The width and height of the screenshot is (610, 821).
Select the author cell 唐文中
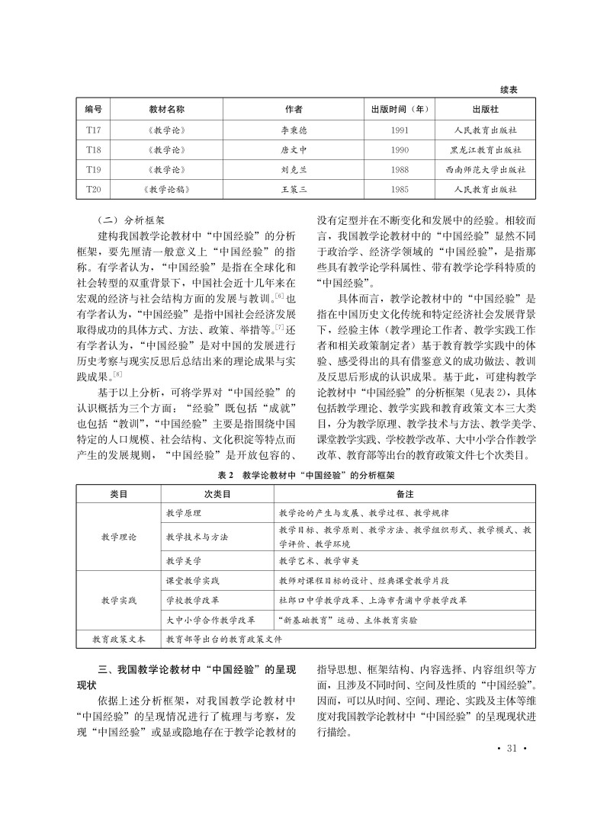click(293, 149)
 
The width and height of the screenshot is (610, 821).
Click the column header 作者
click(293, 110)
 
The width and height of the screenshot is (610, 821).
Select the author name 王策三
click(293, 188)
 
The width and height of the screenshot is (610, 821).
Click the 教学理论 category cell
click(119, 537)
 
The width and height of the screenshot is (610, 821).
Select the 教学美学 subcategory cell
click(184, 561)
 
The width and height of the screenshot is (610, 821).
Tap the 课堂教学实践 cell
click(192, 581)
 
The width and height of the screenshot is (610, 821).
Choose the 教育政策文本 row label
click(119, 640)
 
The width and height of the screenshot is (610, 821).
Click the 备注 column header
click(403, 494)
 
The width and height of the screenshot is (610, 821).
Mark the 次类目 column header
click(217, 494)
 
